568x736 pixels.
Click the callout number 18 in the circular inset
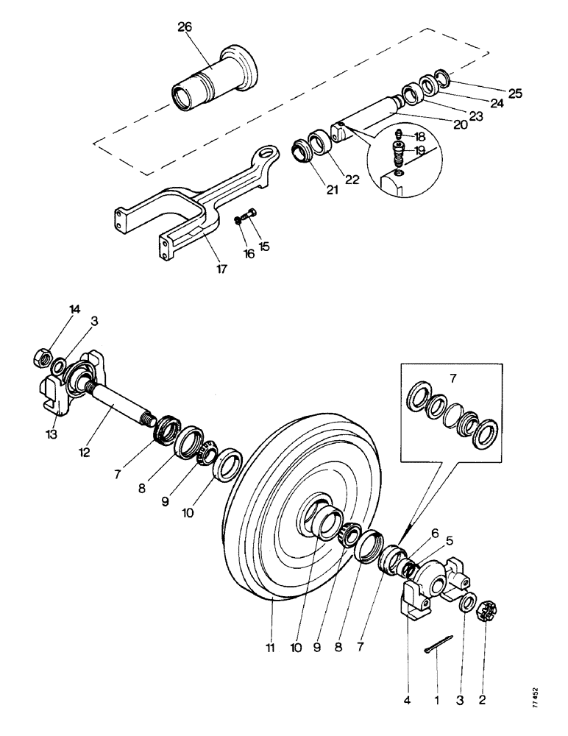(x=420, y=137)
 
